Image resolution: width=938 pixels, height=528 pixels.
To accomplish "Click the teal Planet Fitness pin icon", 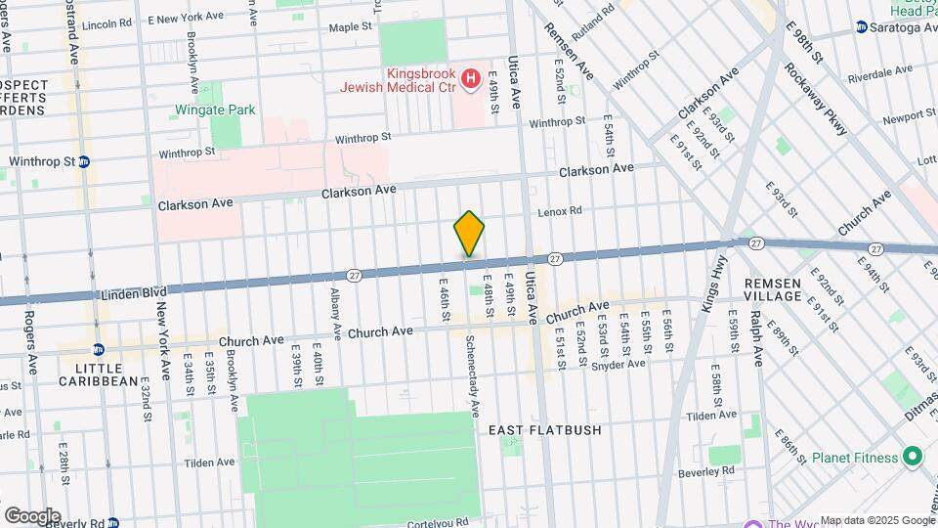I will click(912, 457).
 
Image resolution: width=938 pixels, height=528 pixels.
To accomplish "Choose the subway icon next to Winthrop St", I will click(85, 161).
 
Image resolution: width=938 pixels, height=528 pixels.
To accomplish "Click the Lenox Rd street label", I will click(560, 211).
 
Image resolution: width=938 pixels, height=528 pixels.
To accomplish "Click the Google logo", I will click(32, 515).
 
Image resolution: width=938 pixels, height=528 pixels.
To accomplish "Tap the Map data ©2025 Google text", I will click(876, 520).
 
